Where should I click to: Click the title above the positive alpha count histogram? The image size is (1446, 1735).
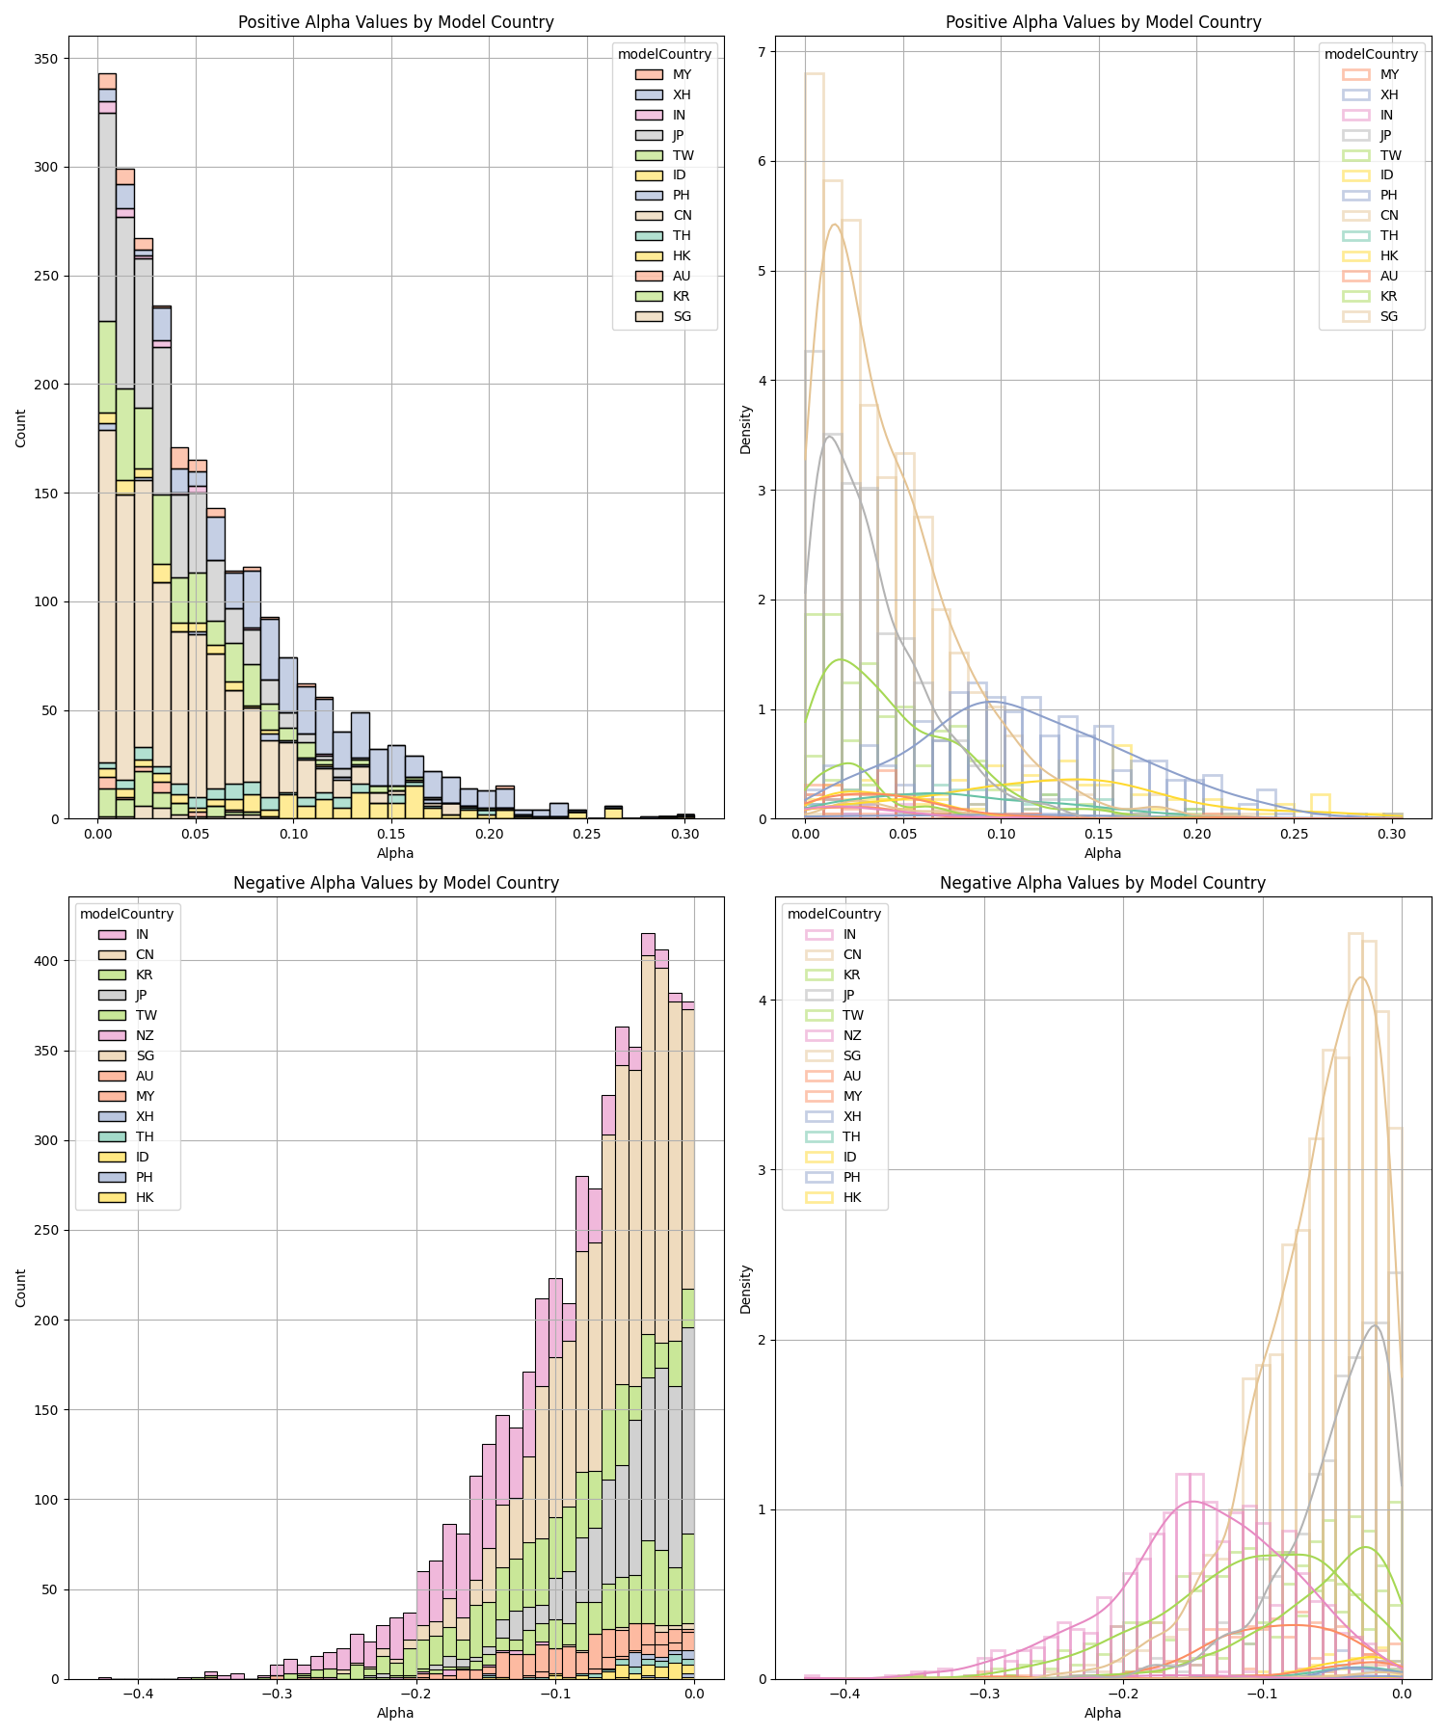tap(395, 22)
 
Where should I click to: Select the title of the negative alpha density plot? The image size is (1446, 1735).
tap(1102, 883)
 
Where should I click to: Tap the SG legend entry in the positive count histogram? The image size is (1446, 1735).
tap(682, 316)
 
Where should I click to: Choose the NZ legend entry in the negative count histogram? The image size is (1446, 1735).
tap(145, 1035)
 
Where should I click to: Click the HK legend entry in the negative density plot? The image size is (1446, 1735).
tap(851, 1197)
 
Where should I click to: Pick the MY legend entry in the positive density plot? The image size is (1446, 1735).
tap(1389, 74)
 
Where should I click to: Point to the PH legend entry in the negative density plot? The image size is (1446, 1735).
tap(851, 1177)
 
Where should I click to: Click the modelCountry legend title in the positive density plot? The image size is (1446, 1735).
tap(1371, 54)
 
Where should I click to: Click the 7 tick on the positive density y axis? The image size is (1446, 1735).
tap(761, 51)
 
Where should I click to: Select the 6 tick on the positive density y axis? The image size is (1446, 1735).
tap(761, 161)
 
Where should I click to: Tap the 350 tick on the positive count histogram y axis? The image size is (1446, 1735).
tap(46, 59)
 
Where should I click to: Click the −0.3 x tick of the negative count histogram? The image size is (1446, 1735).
tap(277, 1693)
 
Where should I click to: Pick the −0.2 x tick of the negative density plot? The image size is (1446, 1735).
tap(1123, 1693)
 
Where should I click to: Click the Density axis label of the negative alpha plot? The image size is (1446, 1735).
tap(745, 1290)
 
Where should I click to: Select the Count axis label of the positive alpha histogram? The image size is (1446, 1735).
tap(21, 428)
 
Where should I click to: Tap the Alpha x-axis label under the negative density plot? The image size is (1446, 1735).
tap(1102, 1713)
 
